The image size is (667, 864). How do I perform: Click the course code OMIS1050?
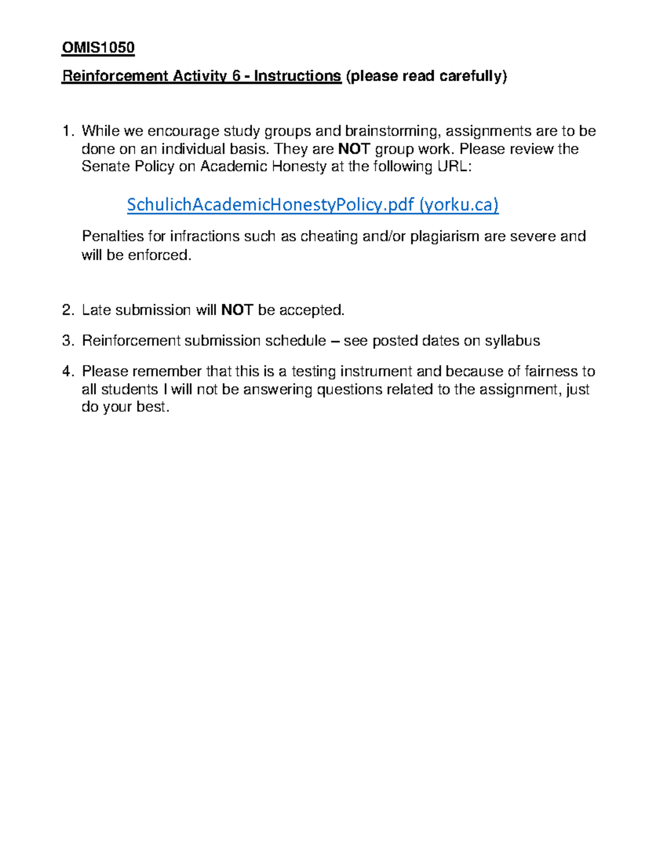click(98, 48)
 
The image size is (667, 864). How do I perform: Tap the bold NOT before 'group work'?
click(354, 149)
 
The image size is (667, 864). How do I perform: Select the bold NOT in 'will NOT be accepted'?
click(237, 310)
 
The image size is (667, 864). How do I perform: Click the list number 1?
click(68, 131)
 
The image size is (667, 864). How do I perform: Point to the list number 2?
click(68, 310)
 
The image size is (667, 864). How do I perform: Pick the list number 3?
click(68, 340)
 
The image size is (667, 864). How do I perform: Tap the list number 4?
click(68, 371)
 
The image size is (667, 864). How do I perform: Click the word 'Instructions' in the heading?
click(297, 76)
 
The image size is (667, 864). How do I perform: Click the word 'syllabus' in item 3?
click(512, 340)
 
